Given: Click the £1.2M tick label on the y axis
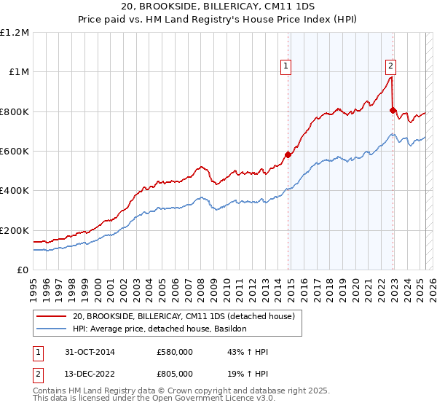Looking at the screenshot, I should tap(15, 33).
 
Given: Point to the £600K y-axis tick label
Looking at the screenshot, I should tap(15, 152).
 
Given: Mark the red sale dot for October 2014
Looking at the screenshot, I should tap(288, 154).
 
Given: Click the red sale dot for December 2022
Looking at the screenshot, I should tap(393, 111).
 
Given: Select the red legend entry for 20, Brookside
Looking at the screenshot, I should tap(183, 316).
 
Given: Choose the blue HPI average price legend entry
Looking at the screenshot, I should tap(160, 329).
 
